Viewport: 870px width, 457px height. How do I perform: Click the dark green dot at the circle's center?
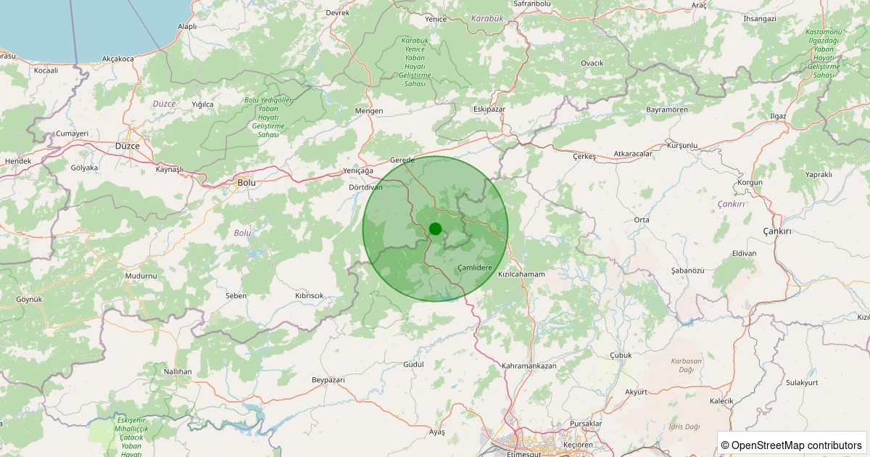pyautogui.click(x=435, y=228)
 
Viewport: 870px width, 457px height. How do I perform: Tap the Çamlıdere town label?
pyautogui.click(x=475, y=268)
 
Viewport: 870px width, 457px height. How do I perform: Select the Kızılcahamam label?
pyautogui.click(x=521, y=274)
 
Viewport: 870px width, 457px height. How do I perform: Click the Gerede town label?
pyautogui.click(x=402, y=160)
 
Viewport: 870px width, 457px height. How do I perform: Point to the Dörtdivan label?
pyautogui.click(x=365, y=186)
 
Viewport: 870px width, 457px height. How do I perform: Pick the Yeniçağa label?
pyautogui.click(x=357, y=170)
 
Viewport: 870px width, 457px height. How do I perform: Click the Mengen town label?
pyautogui.click(x=368, y=111)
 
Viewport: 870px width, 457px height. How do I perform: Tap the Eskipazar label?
pyautogui.click(x=489, y=109)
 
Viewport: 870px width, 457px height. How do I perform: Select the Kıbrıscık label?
pyautogui.click(x=309, y=296)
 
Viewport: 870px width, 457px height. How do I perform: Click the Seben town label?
pyautogui.click(x=236, y=296)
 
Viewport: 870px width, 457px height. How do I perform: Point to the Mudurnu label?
pyautogui.click(x=141, y=276)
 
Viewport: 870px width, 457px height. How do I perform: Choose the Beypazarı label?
pyautogui.click(x=328, y=380)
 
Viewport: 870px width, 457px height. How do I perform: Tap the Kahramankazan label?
pyautogui.click(x=529, y=366)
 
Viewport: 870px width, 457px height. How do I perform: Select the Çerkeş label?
pyautogui.click(x=584, y=157)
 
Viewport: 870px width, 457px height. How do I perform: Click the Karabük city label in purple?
pyautogui.click(x=486, y=18)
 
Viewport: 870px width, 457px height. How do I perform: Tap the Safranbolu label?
pyautogui.click(x=532, y=4)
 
